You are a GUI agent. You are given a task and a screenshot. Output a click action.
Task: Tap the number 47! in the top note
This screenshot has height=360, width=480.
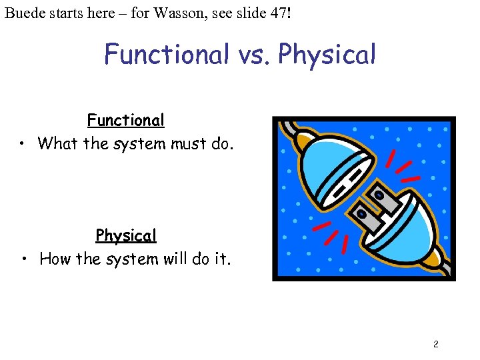[x=279, y=13]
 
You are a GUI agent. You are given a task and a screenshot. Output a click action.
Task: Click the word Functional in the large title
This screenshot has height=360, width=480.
[x=166, y=55]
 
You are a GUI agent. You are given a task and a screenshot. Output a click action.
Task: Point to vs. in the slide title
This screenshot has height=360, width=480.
[x=253, y=55]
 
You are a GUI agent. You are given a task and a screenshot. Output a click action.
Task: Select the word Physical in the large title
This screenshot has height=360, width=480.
[x=327, y=55]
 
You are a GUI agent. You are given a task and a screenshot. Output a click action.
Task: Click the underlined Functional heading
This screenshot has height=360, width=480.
[x=125, y=121]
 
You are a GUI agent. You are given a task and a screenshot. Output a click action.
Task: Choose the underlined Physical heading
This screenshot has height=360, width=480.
[x=125, y=236]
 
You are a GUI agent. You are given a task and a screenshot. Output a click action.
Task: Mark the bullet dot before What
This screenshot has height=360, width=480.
[x=23, y=144]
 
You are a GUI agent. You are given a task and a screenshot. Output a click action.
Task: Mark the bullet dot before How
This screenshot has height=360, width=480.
[x=23, y=259]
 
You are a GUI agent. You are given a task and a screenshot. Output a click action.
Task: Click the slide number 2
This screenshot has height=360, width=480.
[x=435, y=345]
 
